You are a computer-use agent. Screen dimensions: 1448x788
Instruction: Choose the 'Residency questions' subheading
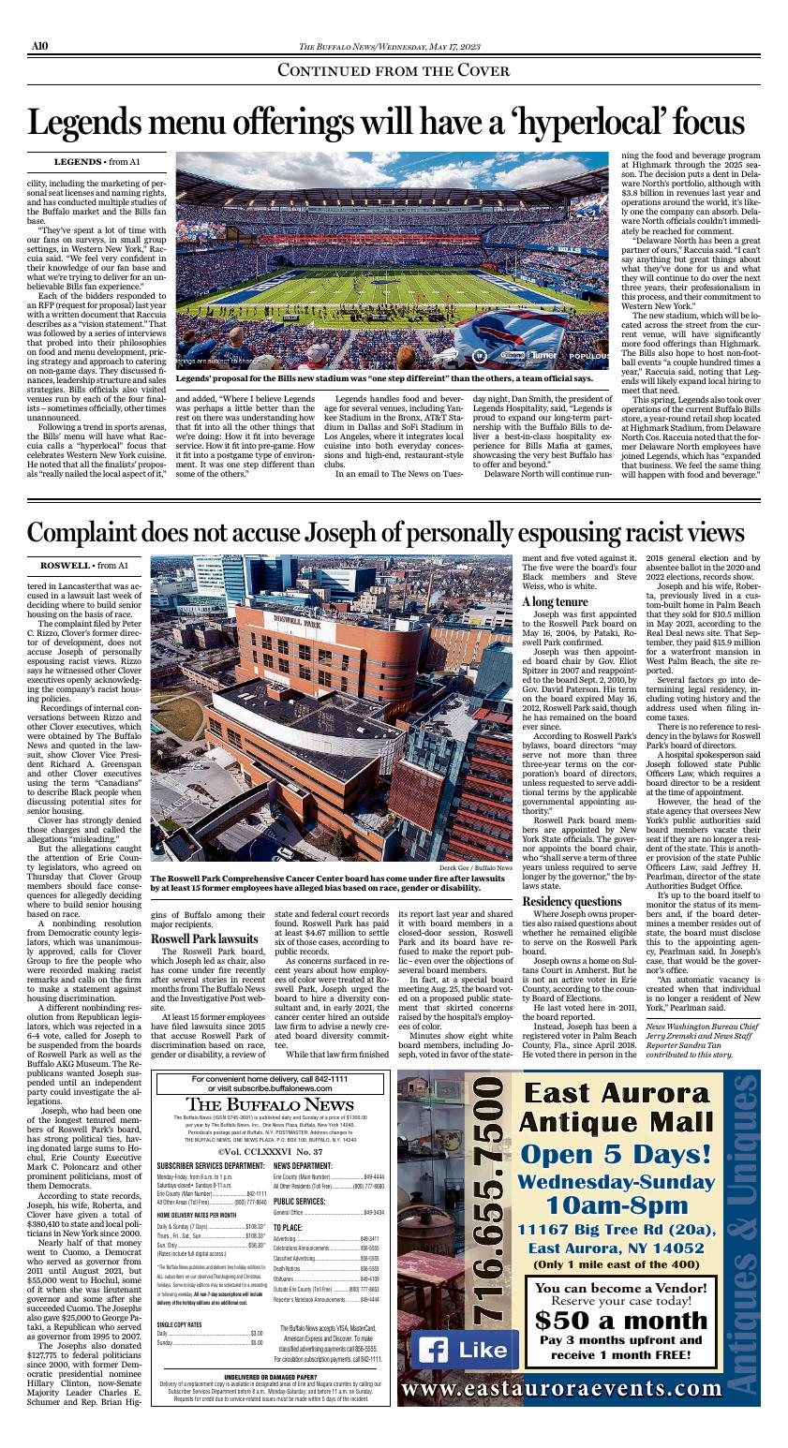571,901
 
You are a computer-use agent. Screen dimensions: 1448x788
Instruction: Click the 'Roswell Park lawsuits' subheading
204,938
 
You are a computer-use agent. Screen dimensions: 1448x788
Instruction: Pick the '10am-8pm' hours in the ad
613,1204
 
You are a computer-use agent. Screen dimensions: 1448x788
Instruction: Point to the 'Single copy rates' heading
180,1324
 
